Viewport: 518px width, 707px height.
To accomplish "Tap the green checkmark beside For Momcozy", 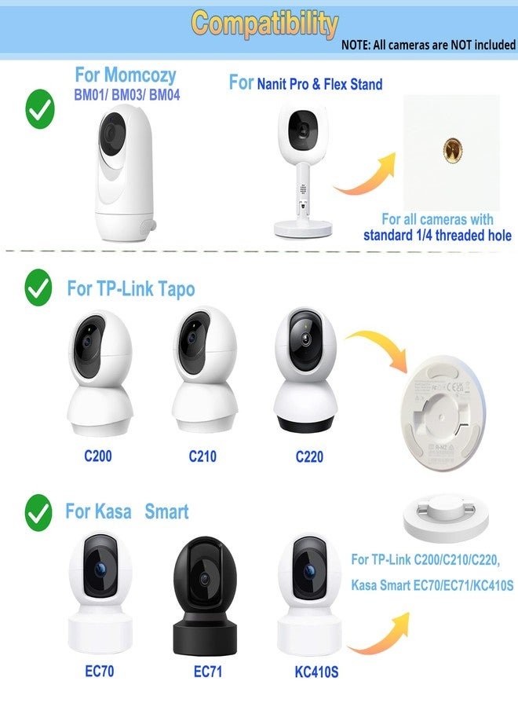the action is tap(40, 109).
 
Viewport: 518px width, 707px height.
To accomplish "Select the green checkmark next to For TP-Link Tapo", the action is tap(38, 288).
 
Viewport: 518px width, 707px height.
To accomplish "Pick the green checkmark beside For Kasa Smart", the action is tap(38, 512).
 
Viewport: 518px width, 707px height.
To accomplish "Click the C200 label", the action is tap(98, 456).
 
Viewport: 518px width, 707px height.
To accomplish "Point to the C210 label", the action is tap(202, 456).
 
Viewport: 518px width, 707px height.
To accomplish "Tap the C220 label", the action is tap(309, 456).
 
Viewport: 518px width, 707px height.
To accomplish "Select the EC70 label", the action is tap(100, 671).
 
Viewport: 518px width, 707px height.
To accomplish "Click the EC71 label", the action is tap(208, 672).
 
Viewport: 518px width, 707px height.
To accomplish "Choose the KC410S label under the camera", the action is tap(316, 672).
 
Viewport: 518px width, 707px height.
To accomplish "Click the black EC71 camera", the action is tap(206, 595).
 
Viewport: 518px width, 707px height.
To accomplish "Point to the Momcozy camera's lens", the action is tap(111, 133).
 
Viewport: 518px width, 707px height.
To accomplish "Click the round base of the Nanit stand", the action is tap(304, 229).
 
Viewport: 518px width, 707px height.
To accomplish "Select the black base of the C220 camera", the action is tap(306, 424).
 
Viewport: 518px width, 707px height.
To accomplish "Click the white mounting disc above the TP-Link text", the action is tap(446, 518).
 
